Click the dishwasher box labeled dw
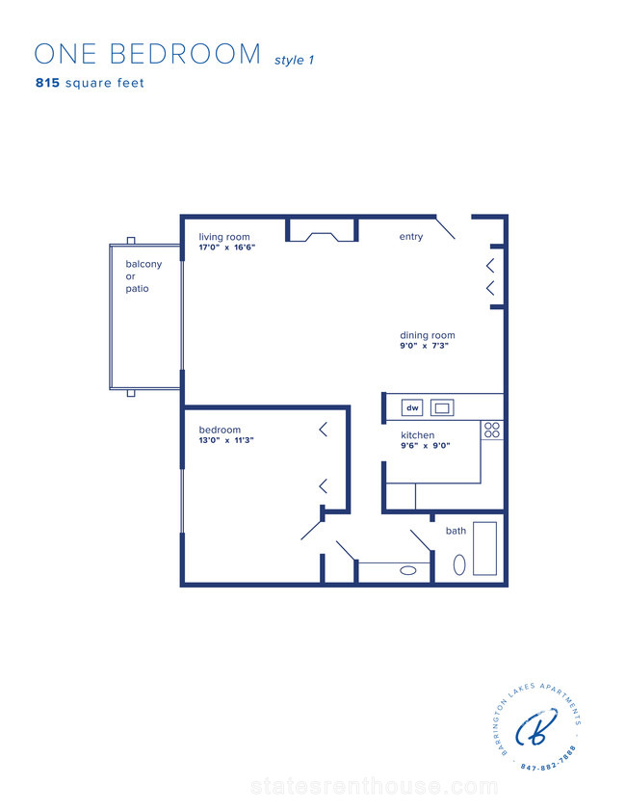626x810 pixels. point(412,407)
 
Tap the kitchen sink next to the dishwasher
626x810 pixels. point(442,407)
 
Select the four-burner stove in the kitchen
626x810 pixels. point(492,430)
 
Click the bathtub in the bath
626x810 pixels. point(485,549)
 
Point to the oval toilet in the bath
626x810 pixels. point(459,564)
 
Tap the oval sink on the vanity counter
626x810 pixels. point(408,571)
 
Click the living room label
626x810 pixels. point(224,237)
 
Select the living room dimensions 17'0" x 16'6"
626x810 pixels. point(227,248)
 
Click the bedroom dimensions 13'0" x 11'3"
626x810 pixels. point(226,440)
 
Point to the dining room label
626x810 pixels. point(428,335)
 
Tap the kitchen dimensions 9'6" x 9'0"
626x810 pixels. point(426,445)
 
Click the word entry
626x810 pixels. point(411,237)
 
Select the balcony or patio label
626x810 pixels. point(143,275)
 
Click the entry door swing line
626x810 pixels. point(445,228)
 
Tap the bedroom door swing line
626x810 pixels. point(312,531)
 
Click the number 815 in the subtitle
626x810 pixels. point(47,83)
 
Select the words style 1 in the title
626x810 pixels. point(295,60)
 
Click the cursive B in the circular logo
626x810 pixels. point(536,727)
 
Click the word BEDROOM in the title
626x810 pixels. point(186,54)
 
